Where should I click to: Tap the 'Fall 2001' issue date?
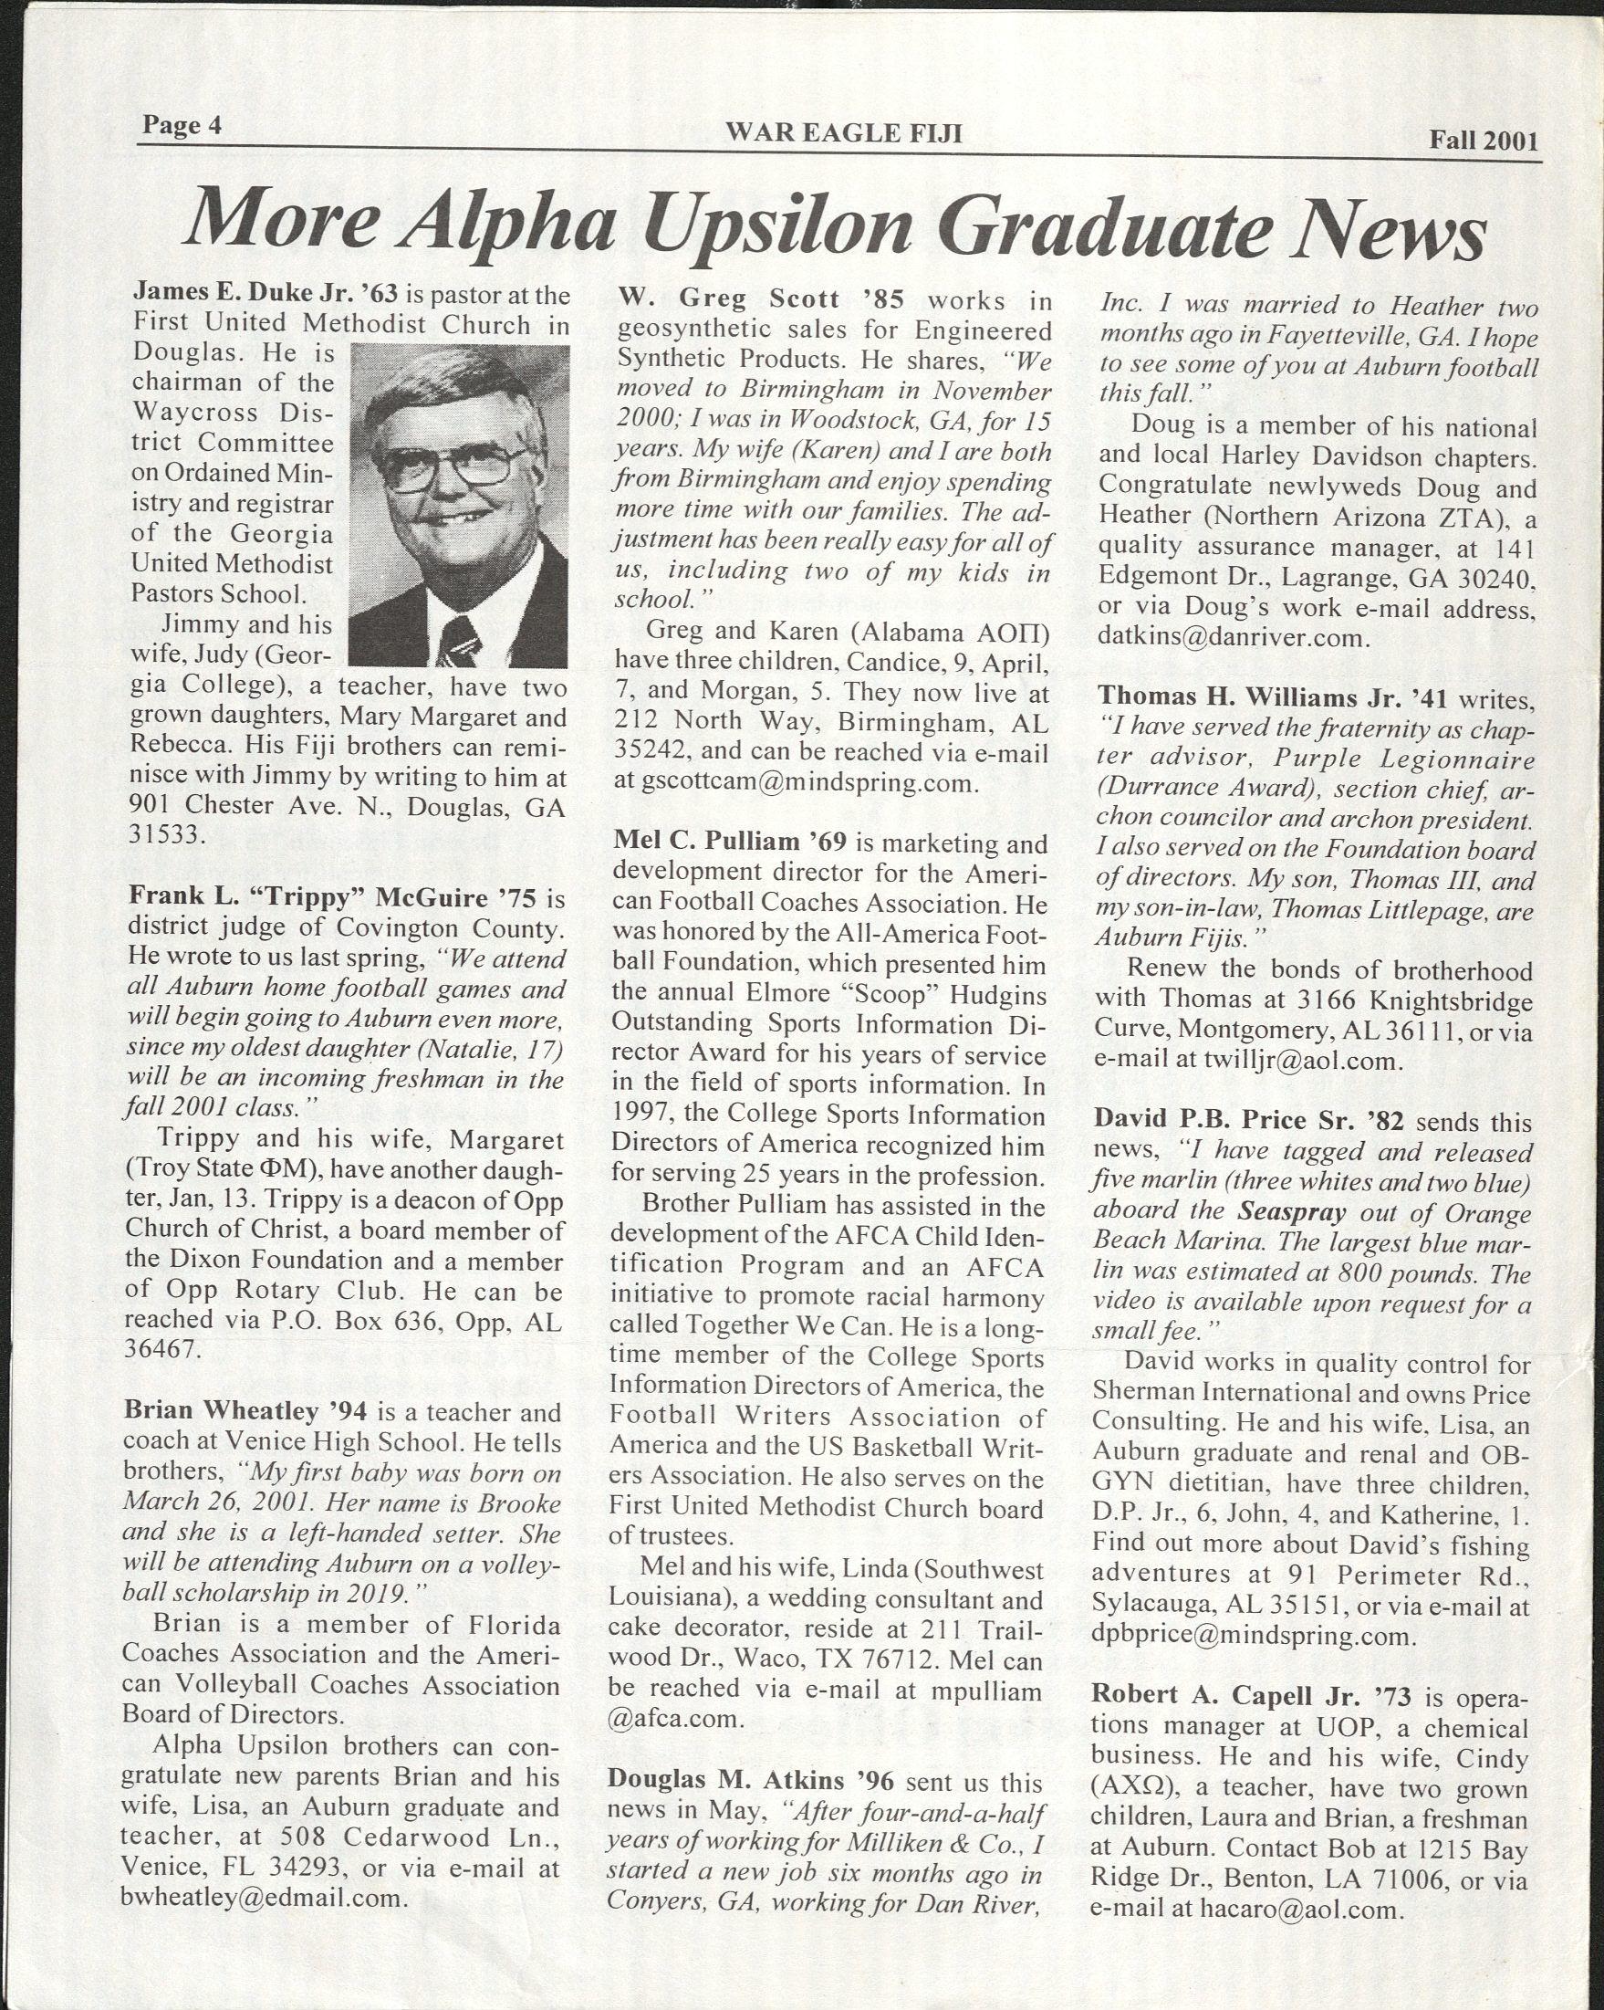point(1484,141)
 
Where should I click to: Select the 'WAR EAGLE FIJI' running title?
point(843,134)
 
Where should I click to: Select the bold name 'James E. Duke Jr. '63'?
point(266,295)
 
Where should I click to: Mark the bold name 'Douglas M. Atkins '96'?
point(749,1782)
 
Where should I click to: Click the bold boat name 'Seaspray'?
point(1292,1213)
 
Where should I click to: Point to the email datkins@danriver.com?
point(1234,638)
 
